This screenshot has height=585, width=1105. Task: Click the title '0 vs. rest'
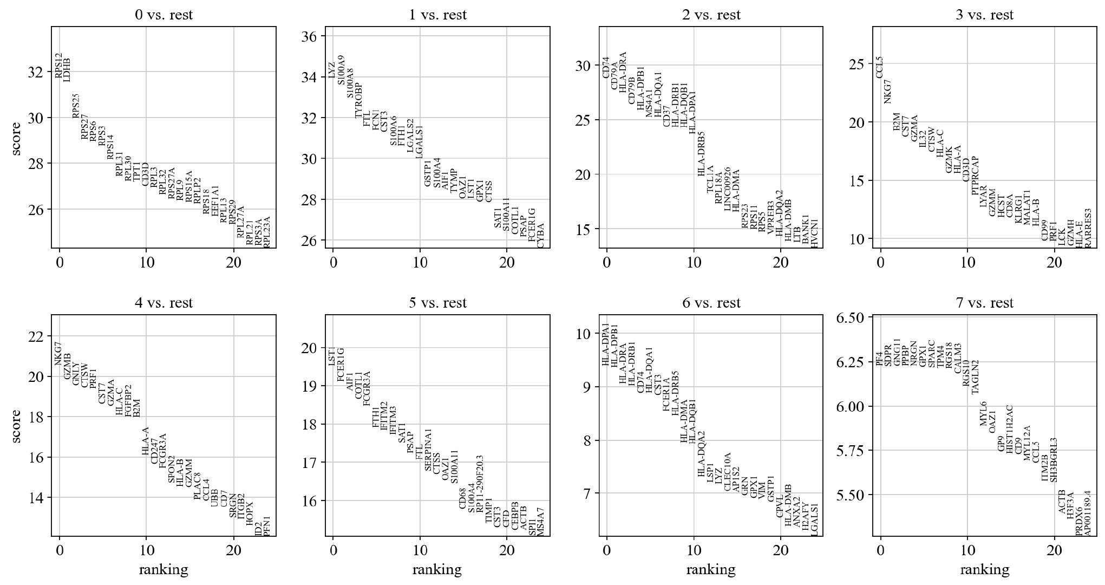164,15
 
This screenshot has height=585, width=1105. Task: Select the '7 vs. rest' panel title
984,303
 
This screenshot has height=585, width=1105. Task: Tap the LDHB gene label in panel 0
67,70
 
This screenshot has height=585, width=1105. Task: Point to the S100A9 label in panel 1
341,70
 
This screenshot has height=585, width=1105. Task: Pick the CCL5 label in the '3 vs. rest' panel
879,67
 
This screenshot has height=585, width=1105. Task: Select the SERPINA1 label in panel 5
428,450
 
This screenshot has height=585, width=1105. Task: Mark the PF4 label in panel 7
879,358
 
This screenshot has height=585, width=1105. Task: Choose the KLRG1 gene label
1018,209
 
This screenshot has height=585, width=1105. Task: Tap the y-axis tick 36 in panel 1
312,36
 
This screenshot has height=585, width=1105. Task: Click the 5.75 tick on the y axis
852,451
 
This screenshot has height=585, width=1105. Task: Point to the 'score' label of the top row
17,139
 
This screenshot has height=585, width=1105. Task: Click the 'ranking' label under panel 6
710,569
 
